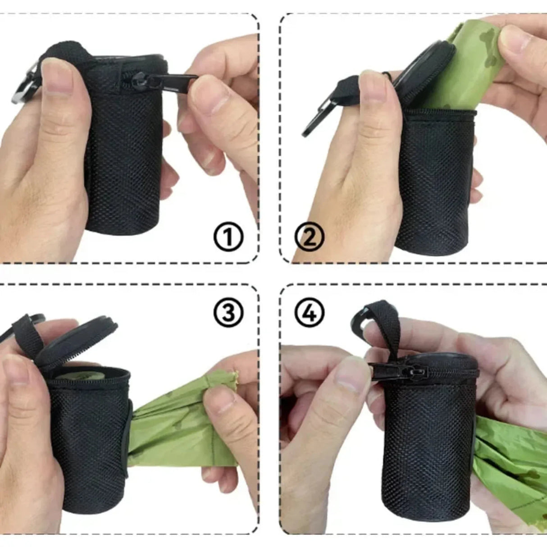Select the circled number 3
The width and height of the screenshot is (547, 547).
228,312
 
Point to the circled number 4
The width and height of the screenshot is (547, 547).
310,312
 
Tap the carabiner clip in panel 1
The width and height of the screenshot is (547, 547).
23,88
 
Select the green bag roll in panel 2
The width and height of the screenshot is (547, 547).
469,63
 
